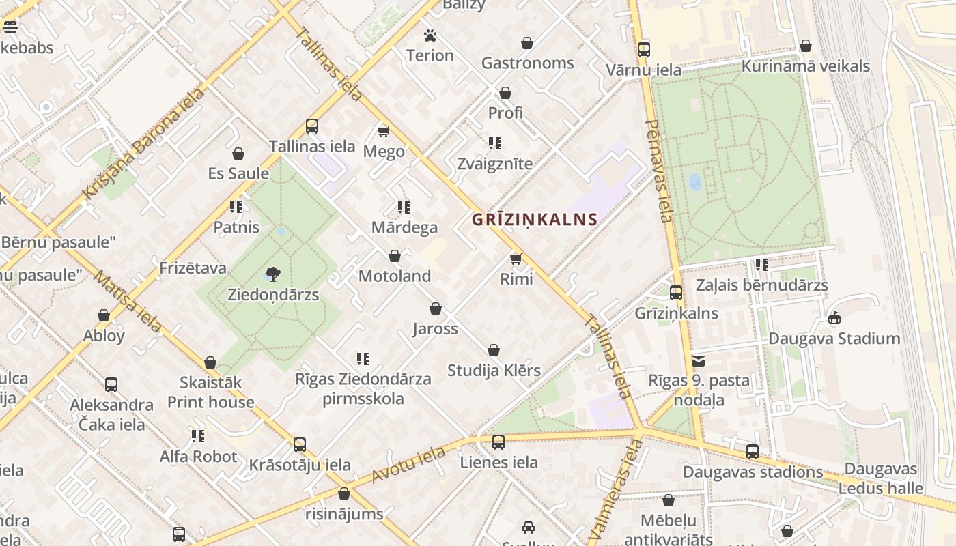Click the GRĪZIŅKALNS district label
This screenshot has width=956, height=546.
(535, 220)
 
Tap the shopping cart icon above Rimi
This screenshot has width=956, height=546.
(516, 259)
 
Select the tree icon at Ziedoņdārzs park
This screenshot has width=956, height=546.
(273, 274)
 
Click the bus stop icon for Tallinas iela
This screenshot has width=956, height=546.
(312, 126)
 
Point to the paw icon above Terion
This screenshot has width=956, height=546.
(430, 35)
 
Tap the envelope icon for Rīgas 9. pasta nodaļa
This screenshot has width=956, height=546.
(699, 361)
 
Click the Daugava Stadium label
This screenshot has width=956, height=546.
(834, 339)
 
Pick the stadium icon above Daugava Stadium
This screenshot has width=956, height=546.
(834, 317)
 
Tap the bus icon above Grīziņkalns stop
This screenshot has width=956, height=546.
(676, 293)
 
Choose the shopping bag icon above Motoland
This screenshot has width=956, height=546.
(395, 256)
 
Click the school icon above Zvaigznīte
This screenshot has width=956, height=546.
(495, 143)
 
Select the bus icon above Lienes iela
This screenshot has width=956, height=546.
(498, 442)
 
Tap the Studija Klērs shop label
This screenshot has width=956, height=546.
(494, 371)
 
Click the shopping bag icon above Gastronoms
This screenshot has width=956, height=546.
(527, 43)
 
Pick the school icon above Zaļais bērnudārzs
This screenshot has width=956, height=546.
(762, 264)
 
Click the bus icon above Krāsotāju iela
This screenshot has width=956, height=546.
(300, 445)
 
